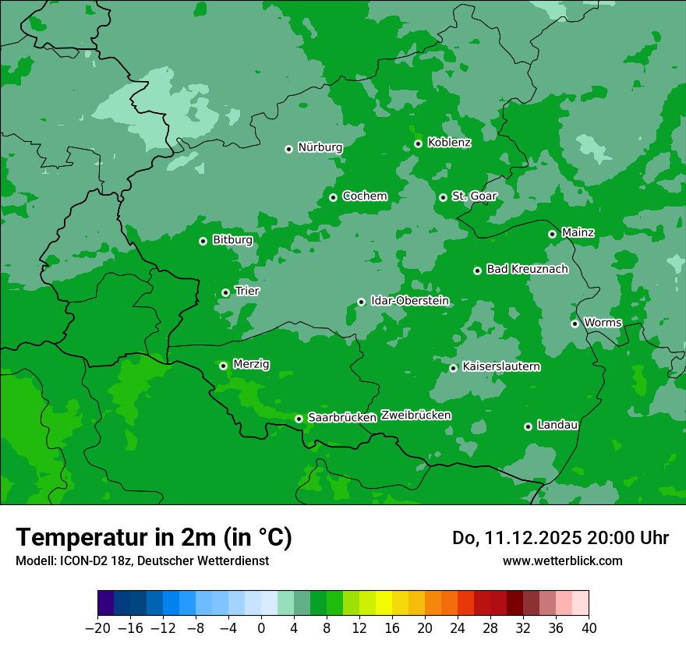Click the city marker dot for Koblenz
pos(419,143)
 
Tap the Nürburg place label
pos(320,147)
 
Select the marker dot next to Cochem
pos(333,197)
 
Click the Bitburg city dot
pos(203,241)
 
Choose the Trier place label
pos(247,291)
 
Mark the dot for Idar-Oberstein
pos(361,302)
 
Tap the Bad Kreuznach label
pos(527,269)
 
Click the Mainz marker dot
pos(552,234)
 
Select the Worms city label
pos(603,323)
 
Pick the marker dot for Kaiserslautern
pos(453,368)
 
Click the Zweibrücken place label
pos(415,415)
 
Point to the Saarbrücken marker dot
pos(299,419)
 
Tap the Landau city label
pos(557,425)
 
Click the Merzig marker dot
pos(223,366)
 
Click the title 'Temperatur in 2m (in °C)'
pos(154,537)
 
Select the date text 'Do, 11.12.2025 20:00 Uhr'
pos(560,538)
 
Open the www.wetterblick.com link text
pos(562,560)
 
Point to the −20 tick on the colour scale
pos(97,628)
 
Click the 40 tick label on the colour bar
pos(589,628)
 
